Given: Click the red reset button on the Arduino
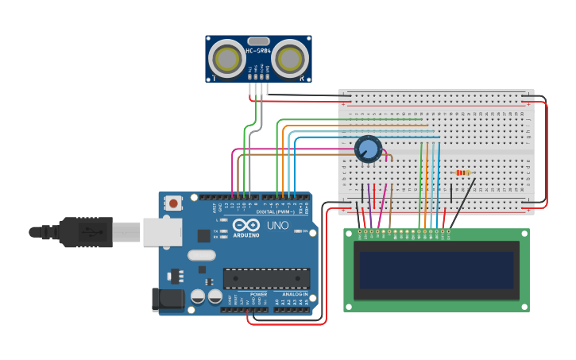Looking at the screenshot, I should point(173,203).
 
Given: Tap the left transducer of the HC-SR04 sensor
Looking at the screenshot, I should point(227,59).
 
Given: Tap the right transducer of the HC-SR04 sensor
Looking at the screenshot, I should point(290,59).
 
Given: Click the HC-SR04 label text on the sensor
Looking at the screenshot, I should point(258,51).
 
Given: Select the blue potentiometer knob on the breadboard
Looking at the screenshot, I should point(368,149).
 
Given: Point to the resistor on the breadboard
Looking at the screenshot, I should point(462,172).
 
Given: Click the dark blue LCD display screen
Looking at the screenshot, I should point(436,270).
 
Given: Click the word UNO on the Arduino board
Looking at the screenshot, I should point(277,226).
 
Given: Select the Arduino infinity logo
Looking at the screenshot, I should point(246,225).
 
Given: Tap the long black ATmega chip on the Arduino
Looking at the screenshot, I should point(265,278).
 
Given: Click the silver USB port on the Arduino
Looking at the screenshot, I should point(162,232).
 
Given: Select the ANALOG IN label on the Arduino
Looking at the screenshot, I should point(291,294).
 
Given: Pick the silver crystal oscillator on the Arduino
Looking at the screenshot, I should point(202,256).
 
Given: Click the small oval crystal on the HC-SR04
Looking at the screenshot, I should point(258,41).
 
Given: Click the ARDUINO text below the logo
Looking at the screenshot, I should point(246,235).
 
